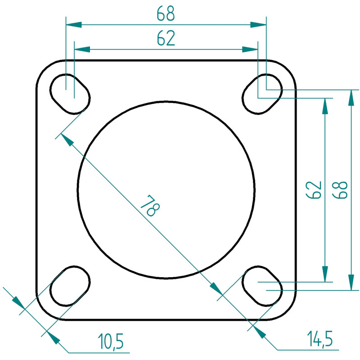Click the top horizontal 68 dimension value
point(166,13)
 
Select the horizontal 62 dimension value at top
point(166,38)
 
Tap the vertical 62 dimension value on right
point(314,190)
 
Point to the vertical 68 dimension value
point(340,190)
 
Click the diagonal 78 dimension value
point(150,206)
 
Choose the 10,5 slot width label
point(111,341)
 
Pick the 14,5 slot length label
point(320,339)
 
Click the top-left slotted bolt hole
point(70,94)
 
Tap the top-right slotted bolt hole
point(262,94)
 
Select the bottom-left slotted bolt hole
point(70,286)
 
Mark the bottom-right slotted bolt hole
point(262,286)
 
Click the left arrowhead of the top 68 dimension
point(74,25)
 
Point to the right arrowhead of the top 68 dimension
point(258,25)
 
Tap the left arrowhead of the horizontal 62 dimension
point(82,49)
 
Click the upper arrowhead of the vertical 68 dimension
point(351,98)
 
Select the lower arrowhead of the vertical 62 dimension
point(324,274)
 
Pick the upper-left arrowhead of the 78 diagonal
point(67,139)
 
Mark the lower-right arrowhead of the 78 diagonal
point(216,288)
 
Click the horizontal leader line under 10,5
point(99,352)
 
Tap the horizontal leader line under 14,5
point(308,350)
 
